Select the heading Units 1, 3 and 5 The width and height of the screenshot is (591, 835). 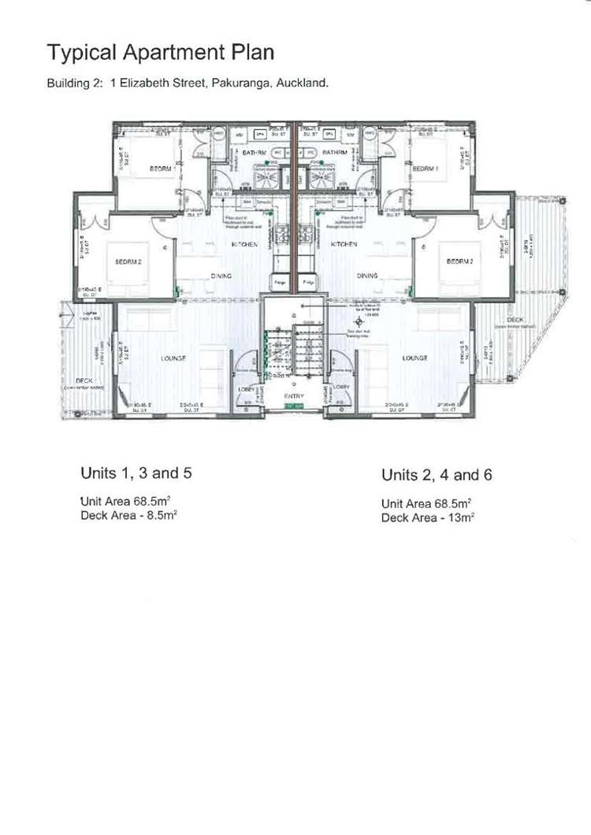[x=136, y=473]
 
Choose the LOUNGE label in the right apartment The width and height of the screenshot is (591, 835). [x=414, y=358]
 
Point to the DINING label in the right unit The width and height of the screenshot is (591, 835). [x=367, y=276]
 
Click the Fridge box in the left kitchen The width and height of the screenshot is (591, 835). [x=279, y=280]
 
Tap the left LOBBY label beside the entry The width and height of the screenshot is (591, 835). [x=247, y=388]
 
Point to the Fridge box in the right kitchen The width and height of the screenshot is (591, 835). [x=309, y=280]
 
